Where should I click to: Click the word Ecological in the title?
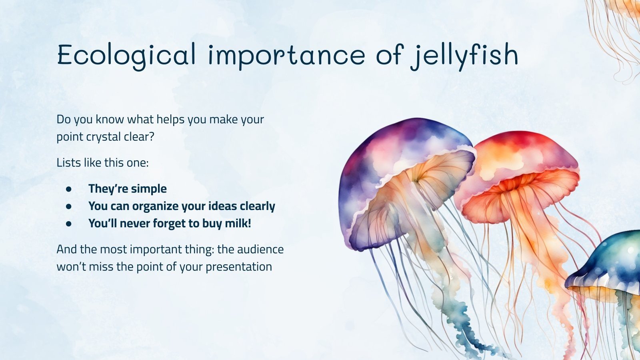point(126,55)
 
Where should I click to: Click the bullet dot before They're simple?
point(69,189)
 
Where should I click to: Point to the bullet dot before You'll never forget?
point(69,223)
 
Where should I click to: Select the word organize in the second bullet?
point(156,206)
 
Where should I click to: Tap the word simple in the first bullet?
point(147,189)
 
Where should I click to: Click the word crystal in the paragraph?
point(102,137)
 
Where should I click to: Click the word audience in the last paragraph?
point(260,249)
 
